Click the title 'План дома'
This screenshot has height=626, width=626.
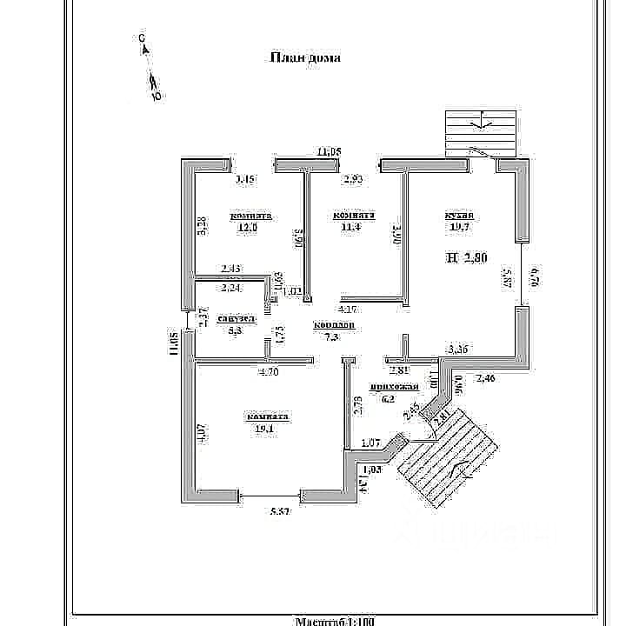(x=305, y=58)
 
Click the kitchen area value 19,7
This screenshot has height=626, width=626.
(x=458, y=228)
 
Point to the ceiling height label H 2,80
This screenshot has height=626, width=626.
(x=467, y=257)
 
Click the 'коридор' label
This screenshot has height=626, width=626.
(x=334, y=324)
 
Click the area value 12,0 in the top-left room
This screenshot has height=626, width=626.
(x=249, y=228)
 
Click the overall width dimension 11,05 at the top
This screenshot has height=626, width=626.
(x=330, y=152)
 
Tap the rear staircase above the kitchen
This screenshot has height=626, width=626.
(x=481, y=135)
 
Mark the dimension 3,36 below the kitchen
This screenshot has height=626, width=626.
(x=460, y=350)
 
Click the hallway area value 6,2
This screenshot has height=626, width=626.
(x=389, y=399)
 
